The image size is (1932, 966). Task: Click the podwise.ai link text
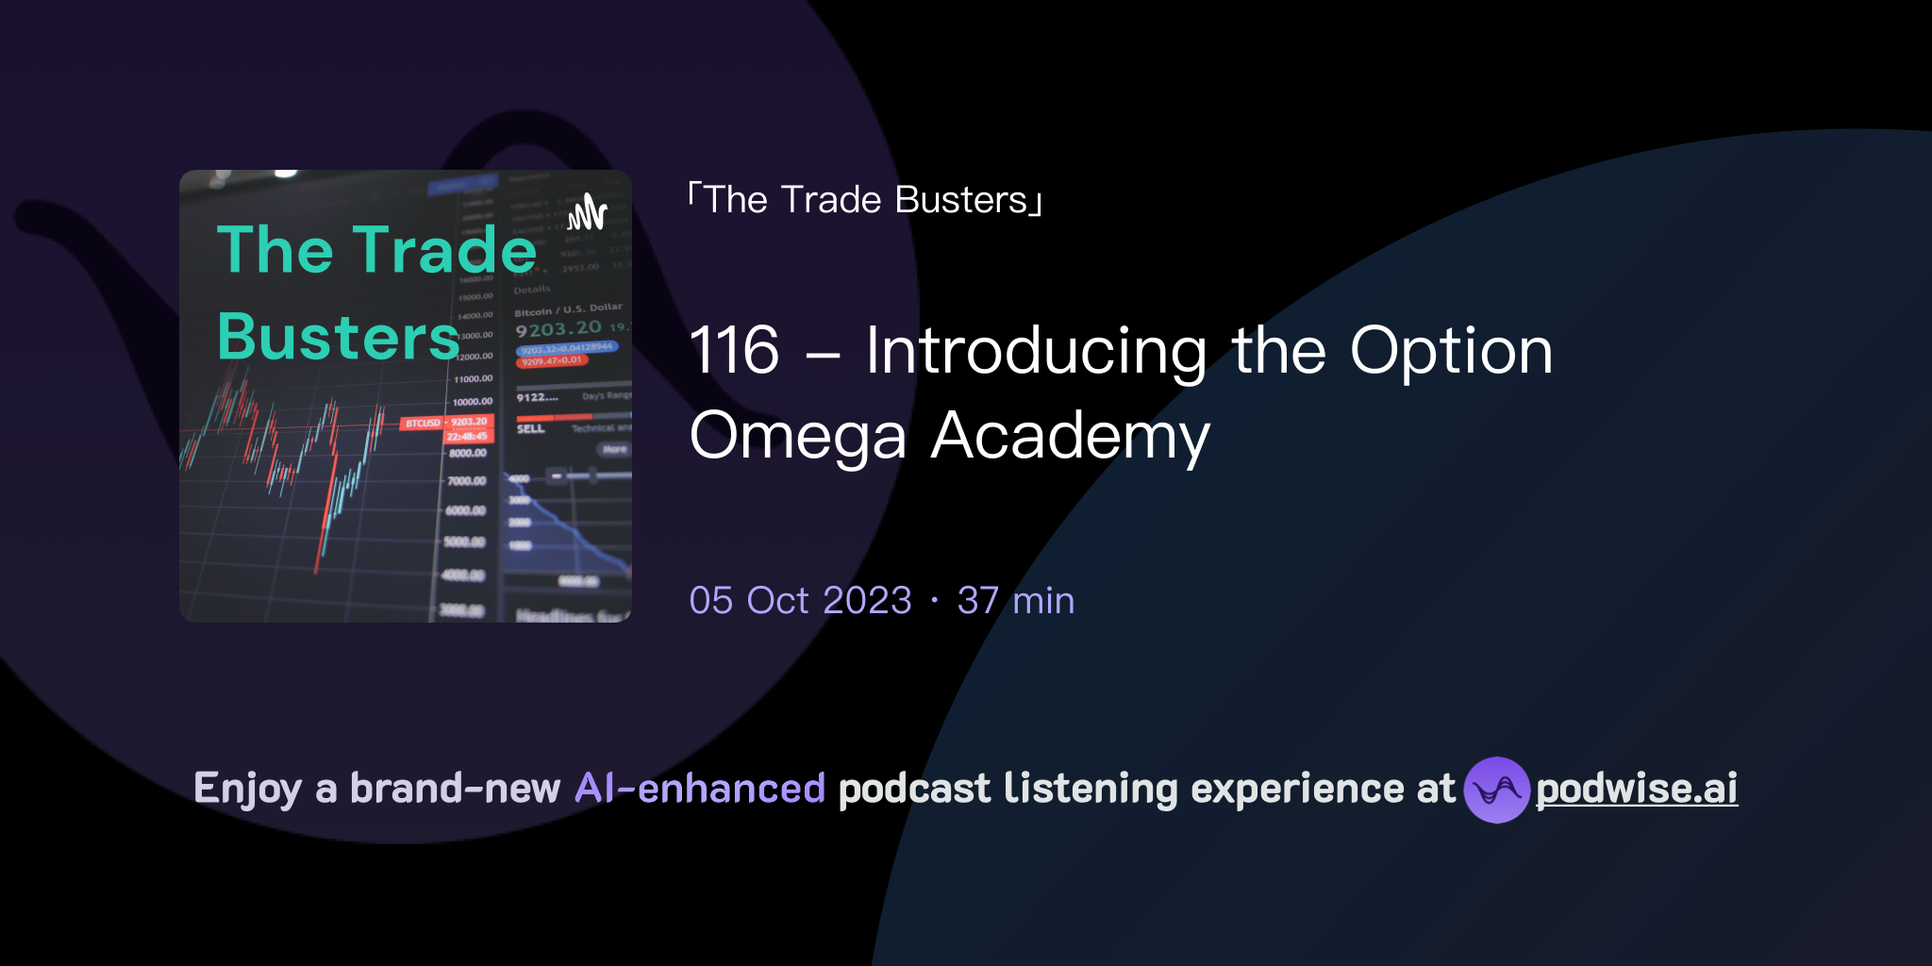tap(1636, 789)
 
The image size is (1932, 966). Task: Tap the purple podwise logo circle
tap(1496, 790)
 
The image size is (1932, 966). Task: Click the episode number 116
tap(734, 351)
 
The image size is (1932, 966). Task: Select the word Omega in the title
tap(797, 436)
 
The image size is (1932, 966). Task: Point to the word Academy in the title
tap(1070, 436)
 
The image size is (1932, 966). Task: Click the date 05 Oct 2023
tap(800, 601)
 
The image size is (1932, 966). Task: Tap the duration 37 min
tap(1015, 601)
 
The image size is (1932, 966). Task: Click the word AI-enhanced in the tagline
tap(700, 789)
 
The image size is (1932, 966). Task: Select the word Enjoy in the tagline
tap(247, 789)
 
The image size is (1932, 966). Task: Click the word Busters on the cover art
tap(338, 337)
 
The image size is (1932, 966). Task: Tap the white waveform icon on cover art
tap(587, 212)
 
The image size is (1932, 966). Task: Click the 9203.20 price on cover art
tap(558, 328)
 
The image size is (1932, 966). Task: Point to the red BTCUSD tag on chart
tap(423, 424)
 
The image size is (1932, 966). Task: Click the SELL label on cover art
tap(530, 429)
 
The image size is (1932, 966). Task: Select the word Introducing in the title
tap(1036, 351)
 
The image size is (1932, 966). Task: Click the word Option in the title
tap(1451, 351)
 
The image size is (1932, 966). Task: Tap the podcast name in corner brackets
tap(865, 200)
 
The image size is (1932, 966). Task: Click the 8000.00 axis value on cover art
tap(467, 454)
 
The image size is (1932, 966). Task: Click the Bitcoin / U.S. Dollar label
tap(568, 309)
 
